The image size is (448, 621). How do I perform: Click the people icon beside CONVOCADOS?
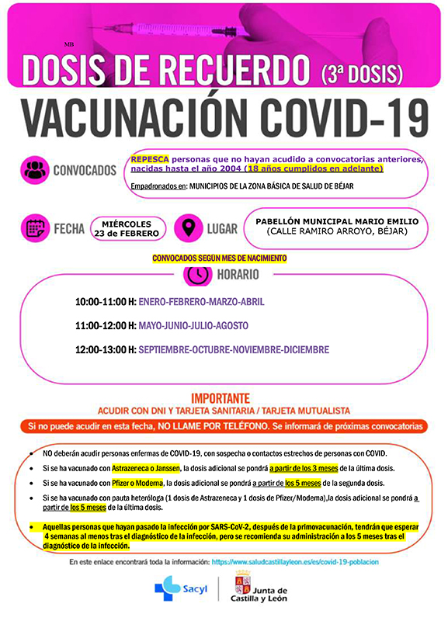(35, 170)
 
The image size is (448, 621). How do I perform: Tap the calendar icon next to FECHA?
(36, 229)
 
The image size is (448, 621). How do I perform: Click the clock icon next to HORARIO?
(196, 275)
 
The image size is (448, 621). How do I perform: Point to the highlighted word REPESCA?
(150, 158)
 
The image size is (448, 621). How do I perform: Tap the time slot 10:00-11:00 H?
(106, 301)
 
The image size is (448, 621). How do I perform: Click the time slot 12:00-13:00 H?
(106, 350)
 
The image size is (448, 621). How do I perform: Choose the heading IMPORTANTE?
(221, 396)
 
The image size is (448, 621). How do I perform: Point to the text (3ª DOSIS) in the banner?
(362, 74)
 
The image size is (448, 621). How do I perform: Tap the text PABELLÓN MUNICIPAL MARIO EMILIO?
(336, 221)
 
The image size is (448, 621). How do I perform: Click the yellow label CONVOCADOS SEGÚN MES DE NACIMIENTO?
(219, 258)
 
